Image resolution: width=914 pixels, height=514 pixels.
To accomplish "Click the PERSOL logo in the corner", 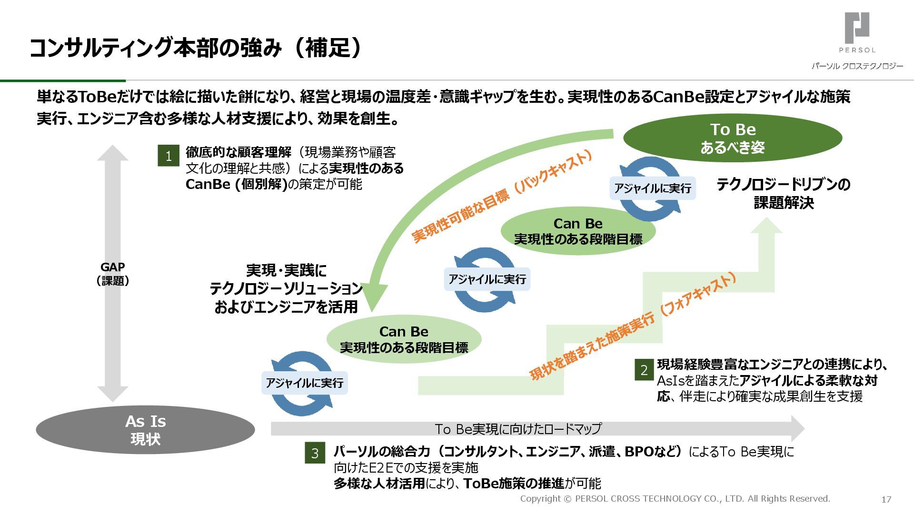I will (857, 32).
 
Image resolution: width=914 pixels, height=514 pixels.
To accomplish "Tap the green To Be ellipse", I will (733, 138).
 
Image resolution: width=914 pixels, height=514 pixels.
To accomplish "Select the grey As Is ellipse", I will (145, 430).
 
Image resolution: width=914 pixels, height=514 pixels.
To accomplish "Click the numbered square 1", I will (169, 156).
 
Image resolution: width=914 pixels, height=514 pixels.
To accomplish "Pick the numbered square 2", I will (644, 370).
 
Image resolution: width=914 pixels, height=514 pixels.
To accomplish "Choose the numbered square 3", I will (315, 453).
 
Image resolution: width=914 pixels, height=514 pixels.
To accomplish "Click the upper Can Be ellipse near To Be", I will (578, 231).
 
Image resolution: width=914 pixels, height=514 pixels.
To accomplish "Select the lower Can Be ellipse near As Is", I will (404, 339).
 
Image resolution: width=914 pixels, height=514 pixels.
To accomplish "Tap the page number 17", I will (886, 499).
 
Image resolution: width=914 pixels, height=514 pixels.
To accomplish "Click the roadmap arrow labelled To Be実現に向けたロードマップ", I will (518, 429).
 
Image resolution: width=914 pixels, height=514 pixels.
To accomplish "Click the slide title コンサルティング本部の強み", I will (195, 48).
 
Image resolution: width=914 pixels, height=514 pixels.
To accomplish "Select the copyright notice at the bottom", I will (675, 499).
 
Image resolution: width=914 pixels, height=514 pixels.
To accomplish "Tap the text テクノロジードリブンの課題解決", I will (784, 193).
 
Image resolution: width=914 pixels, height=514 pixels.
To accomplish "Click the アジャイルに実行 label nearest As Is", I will (305, 383).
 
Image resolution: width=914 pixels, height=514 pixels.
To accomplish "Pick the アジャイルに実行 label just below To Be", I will (653, 188).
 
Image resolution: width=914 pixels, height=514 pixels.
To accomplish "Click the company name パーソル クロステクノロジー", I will (857, 66).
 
